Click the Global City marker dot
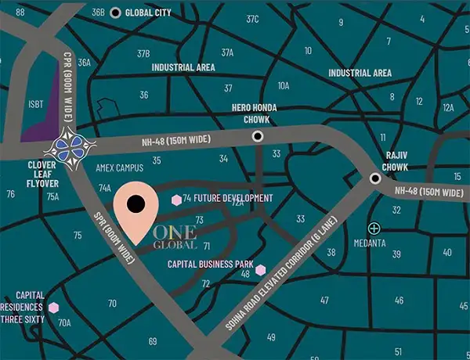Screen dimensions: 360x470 [x=116, y=13]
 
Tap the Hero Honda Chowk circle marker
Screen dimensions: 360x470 [x=258, y=136]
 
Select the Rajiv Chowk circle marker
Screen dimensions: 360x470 [x=375, y=179]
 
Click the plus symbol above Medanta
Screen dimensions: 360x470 [x=374, y=228]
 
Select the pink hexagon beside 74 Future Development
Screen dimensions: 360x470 [x=176, y=200]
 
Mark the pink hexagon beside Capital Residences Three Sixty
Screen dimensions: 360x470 [x=54, y=308]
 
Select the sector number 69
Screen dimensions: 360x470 [x=153, y=340]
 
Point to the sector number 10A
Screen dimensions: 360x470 [x=284, y=85]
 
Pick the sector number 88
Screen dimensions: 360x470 [x=20, y=13]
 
